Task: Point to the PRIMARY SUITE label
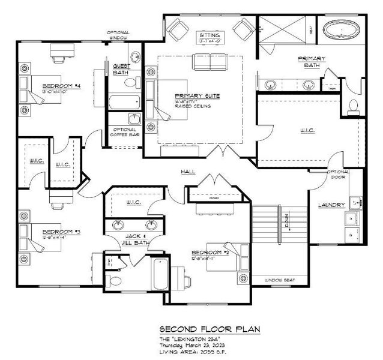pos(196,96)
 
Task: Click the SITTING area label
pos(210,36)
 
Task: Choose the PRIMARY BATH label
pos(311,62)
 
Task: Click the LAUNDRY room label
pos(331,206)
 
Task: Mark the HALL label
pos(189,172)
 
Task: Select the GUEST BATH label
pos(121,70)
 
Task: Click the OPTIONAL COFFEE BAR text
pos(123,132)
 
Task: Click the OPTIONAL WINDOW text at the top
pos(118,35)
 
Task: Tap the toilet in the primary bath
pos(354,106)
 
